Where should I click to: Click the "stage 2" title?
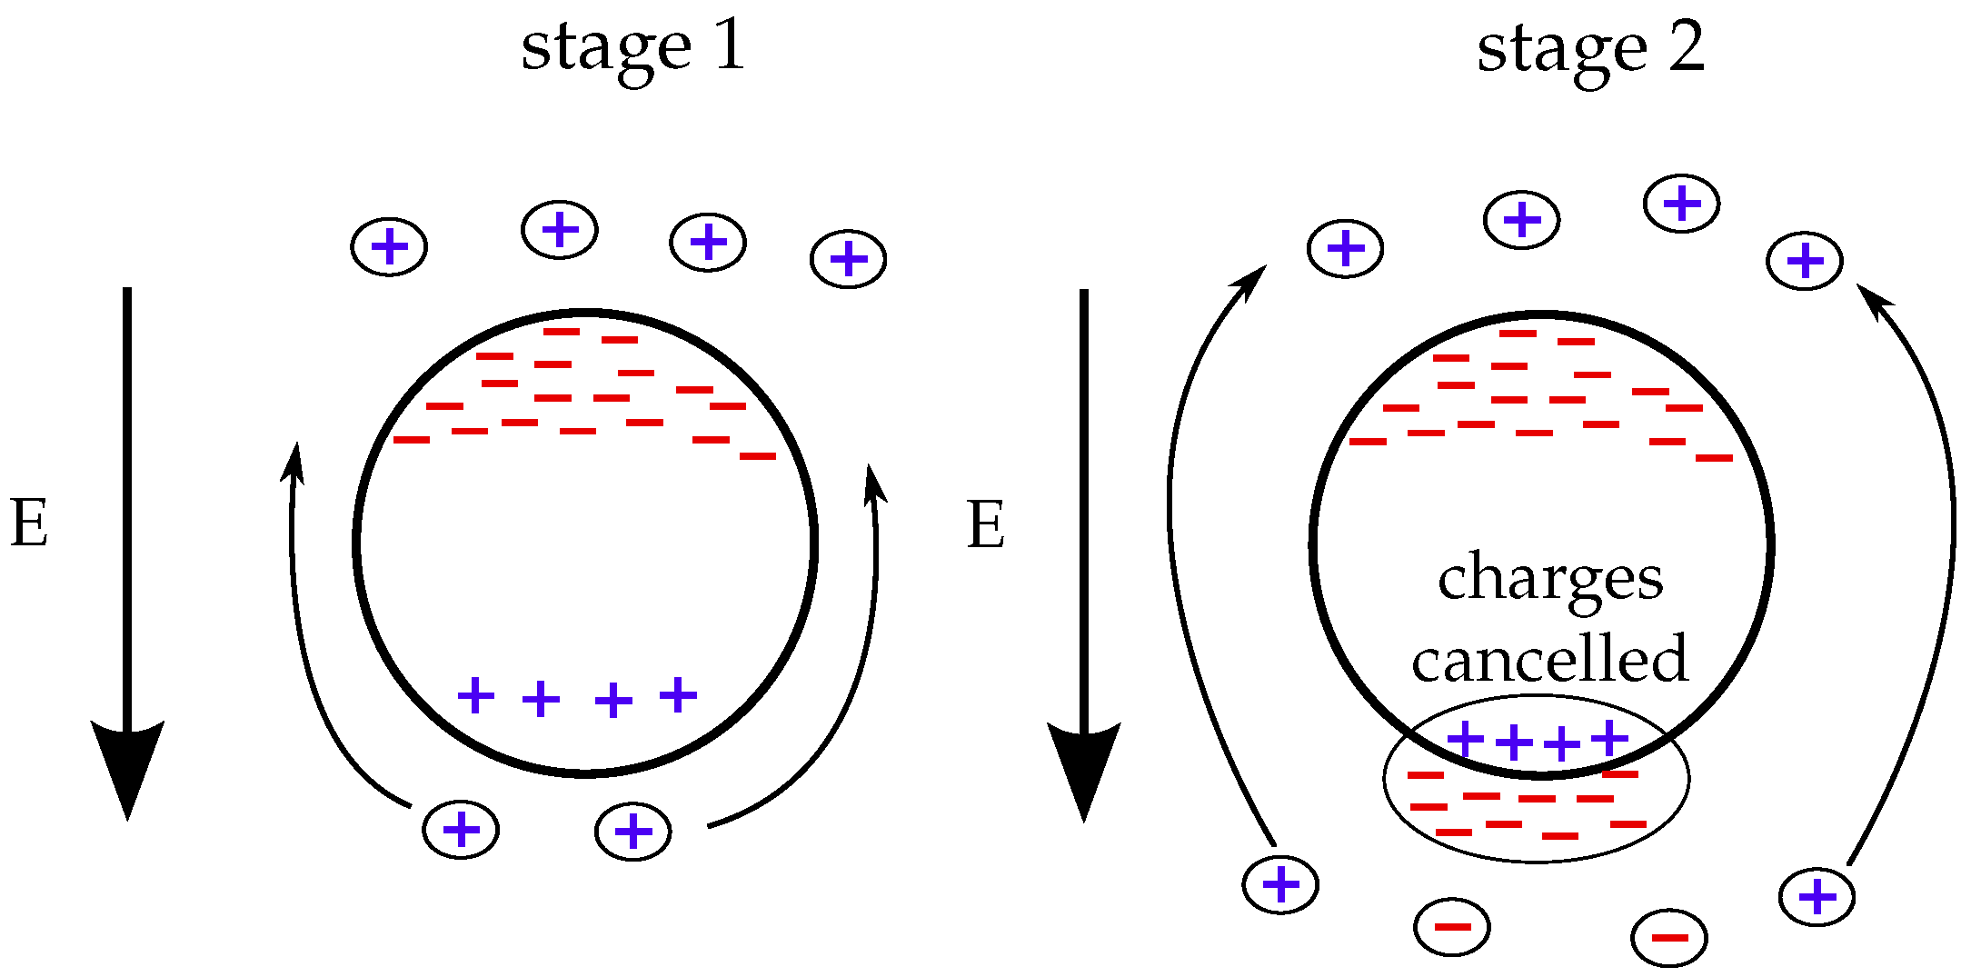(1590, 49)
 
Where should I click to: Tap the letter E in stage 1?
(29, 524)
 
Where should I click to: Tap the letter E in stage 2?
(986, 525)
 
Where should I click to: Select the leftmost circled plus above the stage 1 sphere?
(390, 247)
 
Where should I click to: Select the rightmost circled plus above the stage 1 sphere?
(849, 260)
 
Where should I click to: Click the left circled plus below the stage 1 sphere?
(461, 830)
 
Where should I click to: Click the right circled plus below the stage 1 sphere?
(633, 832)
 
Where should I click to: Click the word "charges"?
(1550, 580)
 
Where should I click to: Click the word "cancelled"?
(1550, 659)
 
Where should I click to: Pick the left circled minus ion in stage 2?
(1452, 927)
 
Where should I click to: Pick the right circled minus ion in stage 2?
(1669, 938)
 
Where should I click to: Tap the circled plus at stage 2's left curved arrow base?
(1281, 884)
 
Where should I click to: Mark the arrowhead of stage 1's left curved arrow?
(294, 460)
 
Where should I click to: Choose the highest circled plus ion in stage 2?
(1682, 204)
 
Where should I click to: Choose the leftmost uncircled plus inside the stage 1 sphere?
(476, 696)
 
